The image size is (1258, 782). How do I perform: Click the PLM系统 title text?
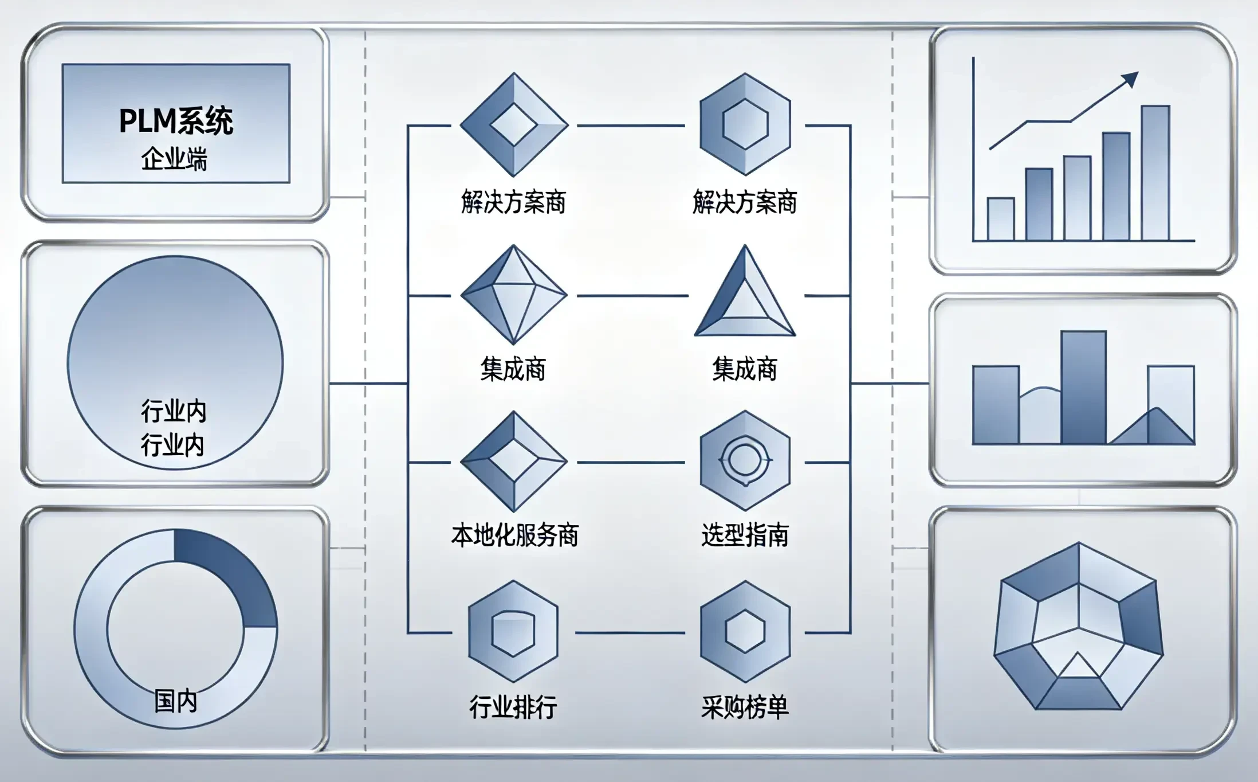(176, 121)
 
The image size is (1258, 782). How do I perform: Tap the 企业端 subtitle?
(175, 159)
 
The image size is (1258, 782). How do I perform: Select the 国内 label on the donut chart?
(176, 701)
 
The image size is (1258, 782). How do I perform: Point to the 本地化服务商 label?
(514, 535)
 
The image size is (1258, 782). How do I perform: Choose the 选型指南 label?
(745, 535)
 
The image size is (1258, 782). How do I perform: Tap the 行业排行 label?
(513, 707)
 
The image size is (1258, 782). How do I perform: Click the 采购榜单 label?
(745, 707)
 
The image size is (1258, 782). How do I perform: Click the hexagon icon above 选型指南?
(745, 460)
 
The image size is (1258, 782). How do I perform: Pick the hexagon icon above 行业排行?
(513, 631)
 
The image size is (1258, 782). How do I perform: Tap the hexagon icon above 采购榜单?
(745, 631)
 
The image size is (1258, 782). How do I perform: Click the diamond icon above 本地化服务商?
(514, 462)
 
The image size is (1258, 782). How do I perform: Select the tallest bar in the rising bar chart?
(1155, 173)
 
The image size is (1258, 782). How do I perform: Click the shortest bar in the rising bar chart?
(1001, 219)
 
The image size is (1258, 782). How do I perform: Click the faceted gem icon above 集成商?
(514, 295)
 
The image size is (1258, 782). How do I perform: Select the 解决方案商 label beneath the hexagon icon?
(745, 202)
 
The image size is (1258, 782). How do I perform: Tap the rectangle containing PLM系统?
(176, 123)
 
